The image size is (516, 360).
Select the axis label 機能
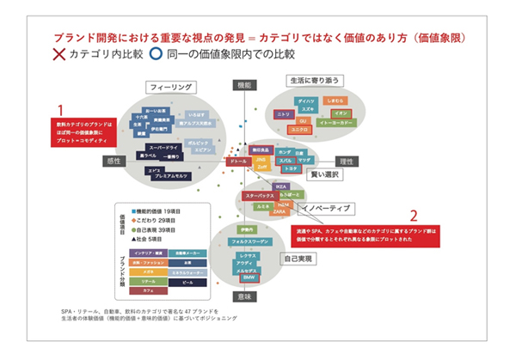point(243,85)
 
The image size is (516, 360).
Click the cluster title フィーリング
point(168,88)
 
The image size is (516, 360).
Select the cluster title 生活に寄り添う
point(316,80)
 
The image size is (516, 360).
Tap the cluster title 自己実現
point(297,258)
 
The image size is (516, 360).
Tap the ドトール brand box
point(239,161)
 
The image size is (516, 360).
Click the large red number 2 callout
point(414,216)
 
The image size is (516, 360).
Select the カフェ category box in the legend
point(148,292)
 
